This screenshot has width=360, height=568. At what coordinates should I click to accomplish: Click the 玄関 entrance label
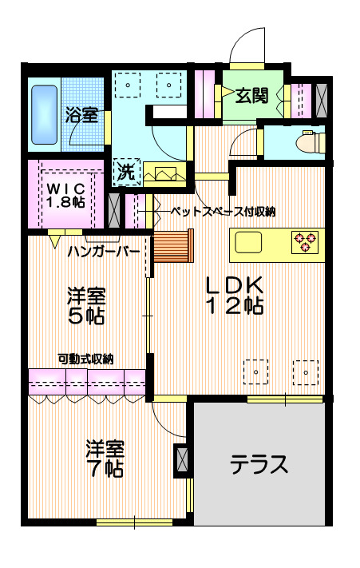click(251, 97)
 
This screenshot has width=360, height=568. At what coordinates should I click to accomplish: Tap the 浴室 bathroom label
click(81, 115)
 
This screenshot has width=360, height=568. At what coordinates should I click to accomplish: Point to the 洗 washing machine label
click(126, 170)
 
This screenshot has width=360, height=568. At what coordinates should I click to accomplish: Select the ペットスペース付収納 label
click(224, 212)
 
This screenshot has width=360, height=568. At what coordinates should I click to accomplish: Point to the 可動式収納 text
click(85, 359)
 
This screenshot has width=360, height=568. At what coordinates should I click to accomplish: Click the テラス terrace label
click(259, 464)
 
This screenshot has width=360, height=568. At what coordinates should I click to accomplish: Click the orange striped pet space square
click(173, 246)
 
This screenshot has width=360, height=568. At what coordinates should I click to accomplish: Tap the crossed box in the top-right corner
click(322, 97)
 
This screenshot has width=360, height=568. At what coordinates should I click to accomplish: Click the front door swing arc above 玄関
click(248, 44)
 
